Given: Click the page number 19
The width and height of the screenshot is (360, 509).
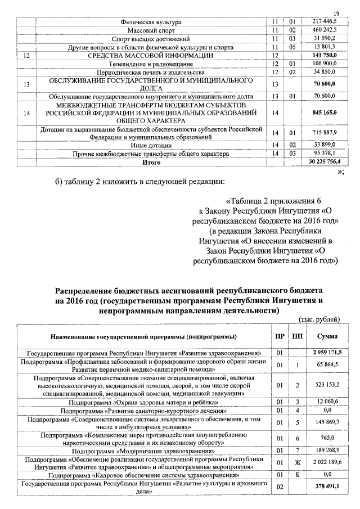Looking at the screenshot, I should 336,13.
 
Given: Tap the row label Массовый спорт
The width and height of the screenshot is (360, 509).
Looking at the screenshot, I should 151,30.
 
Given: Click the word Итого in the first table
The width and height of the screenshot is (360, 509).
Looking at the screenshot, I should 151,162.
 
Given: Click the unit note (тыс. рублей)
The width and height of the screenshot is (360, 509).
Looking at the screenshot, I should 319,319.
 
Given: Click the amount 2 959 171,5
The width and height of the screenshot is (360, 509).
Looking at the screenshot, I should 323,352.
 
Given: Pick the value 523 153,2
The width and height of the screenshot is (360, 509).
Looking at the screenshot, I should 323,386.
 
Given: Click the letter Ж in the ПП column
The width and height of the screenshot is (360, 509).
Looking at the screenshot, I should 296,462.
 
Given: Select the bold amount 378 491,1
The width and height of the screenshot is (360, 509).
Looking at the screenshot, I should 323,487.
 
